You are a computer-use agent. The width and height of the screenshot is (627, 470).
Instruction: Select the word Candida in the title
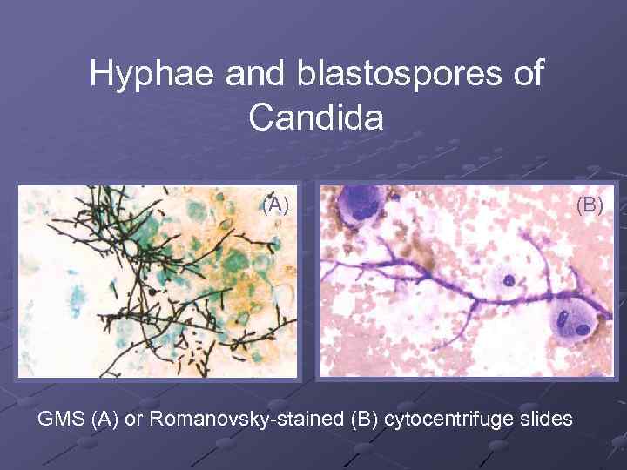click(x=315, y=117)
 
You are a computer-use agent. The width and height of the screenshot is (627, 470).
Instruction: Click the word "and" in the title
click(x=257, y=74)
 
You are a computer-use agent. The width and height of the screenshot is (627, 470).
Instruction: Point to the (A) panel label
click(x=275, y=205)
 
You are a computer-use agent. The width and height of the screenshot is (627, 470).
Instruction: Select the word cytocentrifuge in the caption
click(x=447, y=419)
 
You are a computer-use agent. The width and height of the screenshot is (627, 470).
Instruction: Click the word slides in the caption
click(x=544, y=419)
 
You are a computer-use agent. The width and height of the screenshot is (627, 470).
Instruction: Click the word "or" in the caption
click(x=135, y=419)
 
